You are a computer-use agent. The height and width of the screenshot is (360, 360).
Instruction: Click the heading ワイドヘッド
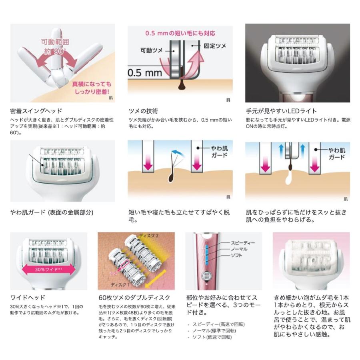(x=28, y=298)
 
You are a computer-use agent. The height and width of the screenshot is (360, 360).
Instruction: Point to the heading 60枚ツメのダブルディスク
(x=134, y=298)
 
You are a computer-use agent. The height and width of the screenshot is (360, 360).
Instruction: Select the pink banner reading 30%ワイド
(x=48, y=269)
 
